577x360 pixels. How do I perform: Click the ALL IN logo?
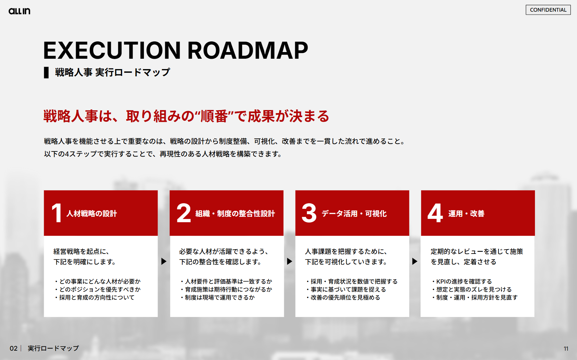click(19, 11)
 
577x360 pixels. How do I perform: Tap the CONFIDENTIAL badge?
click(548, 10)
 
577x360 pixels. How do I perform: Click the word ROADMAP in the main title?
click(248, 51)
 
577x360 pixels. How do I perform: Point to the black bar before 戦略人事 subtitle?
click(46, 72)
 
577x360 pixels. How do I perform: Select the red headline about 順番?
click(186, 116)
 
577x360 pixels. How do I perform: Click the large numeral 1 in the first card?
click(57, 213)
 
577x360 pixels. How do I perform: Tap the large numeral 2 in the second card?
click(184, 213)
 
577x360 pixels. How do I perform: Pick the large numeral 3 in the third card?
click(309, 213)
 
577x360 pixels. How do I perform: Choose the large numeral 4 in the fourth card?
click(435, 213)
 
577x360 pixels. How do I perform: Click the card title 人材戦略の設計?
click(92, 214)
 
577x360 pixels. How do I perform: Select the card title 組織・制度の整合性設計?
click(235, 214)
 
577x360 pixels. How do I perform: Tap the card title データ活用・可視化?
click(354, 214)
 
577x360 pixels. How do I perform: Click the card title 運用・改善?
click(466, 214)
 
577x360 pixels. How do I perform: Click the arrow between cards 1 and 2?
click(164, 261)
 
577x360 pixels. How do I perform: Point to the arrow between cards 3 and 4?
click(415, 261)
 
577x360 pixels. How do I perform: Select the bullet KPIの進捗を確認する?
click(462, 282)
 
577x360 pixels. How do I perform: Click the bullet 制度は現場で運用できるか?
click(218, 298)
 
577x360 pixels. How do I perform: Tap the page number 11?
click(566, 349)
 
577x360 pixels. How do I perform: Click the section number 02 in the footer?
click(13, 348)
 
